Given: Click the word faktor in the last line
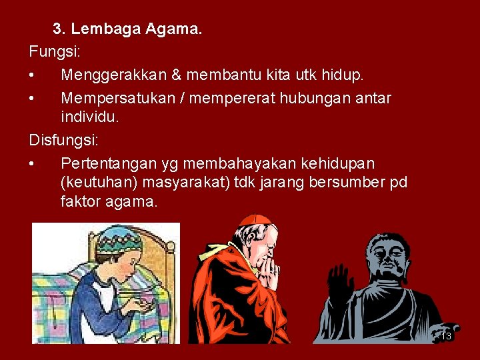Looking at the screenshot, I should [x=80, y=201].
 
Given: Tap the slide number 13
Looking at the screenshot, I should [x=446, y=336].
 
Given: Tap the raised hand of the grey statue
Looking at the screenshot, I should [x=340, y=281].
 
